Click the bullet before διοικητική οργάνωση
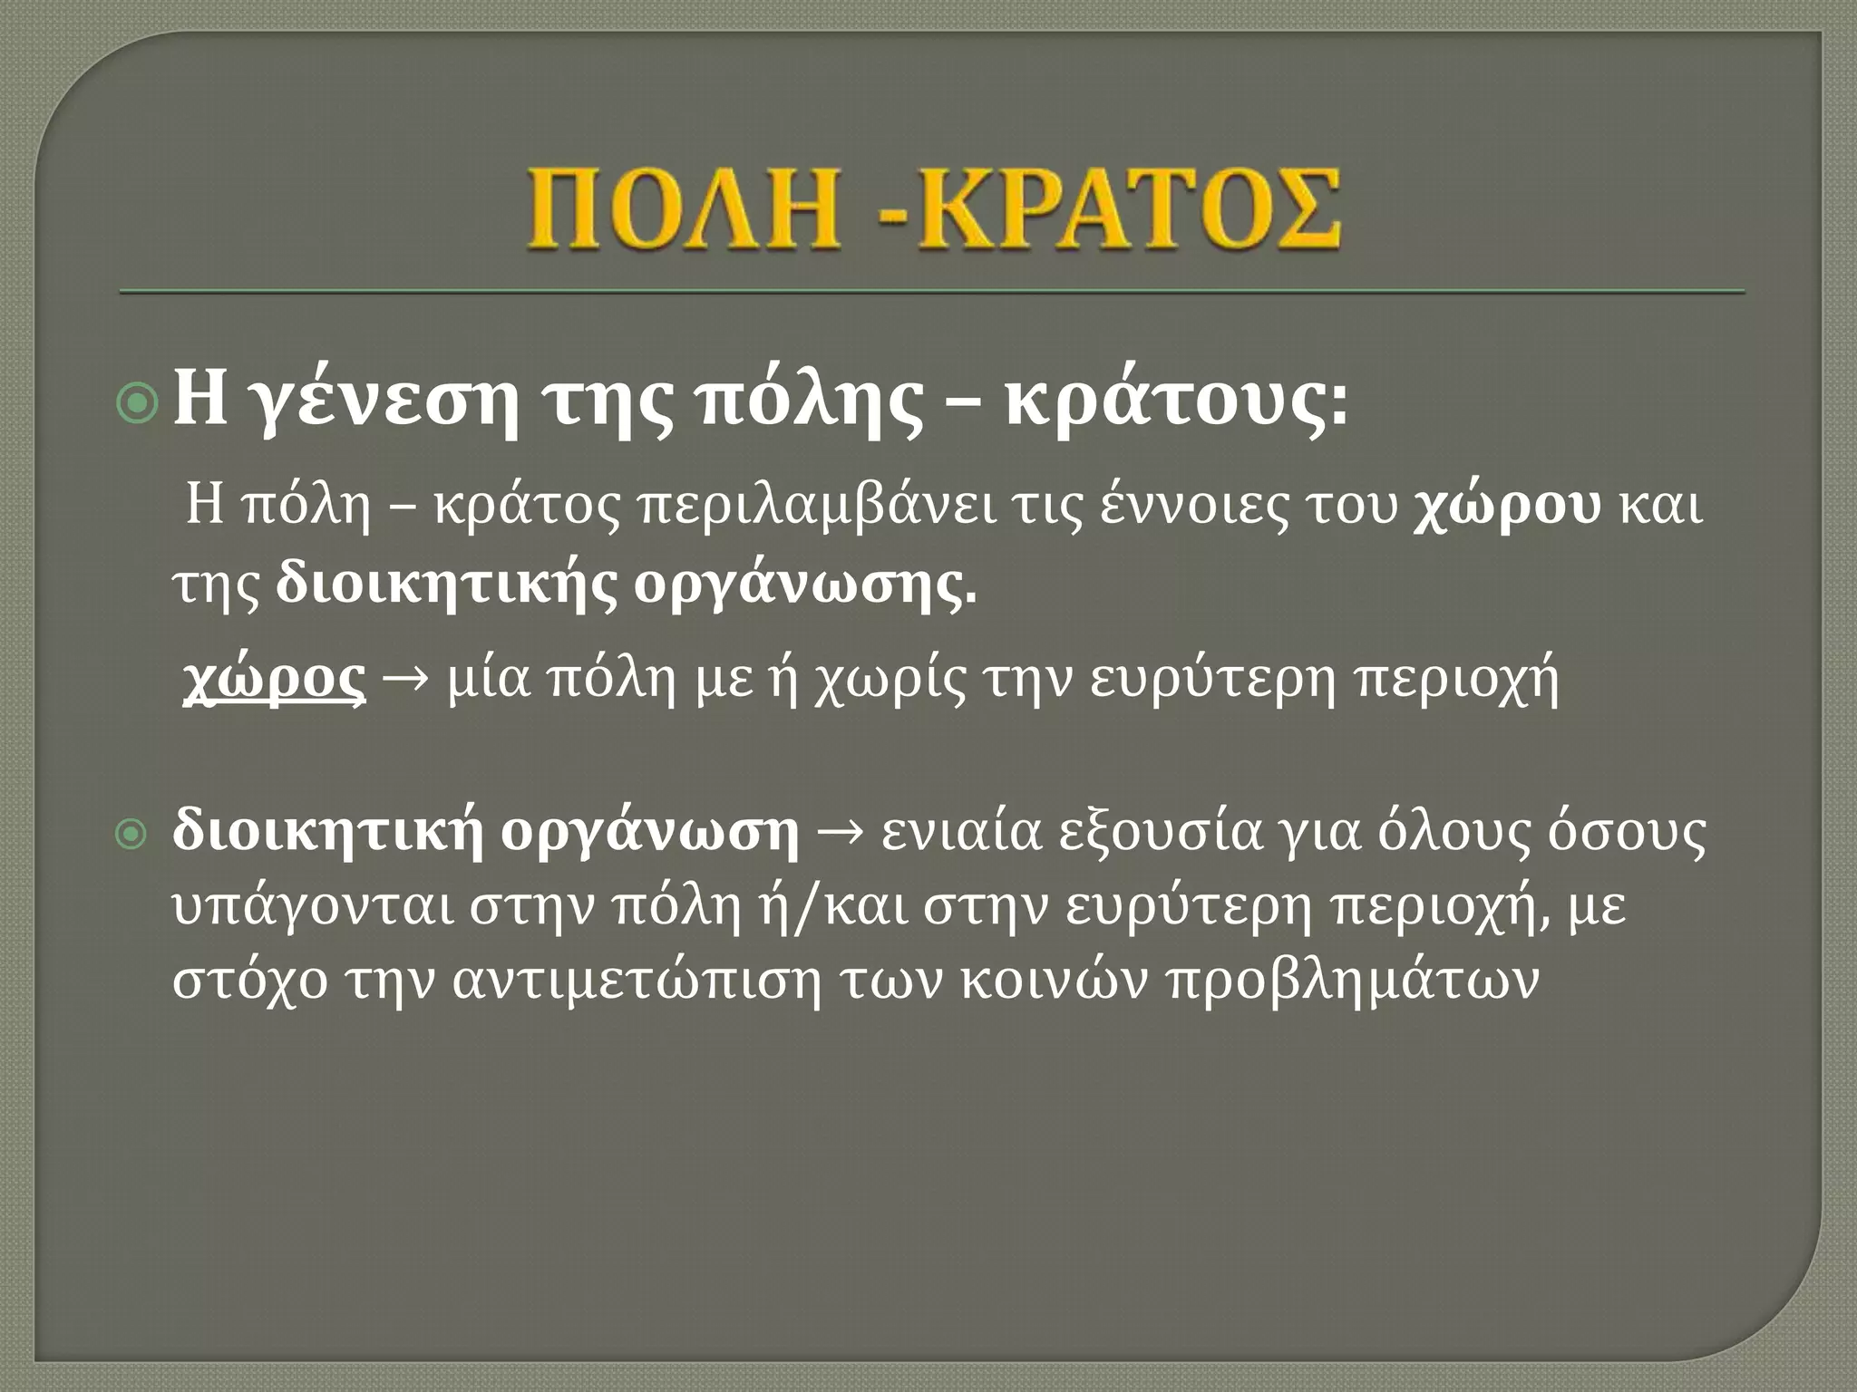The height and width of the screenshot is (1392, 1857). point(132,836)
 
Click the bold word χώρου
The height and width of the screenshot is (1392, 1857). point(1506,508)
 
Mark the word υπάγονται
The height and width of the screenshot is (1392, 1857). point(308,909)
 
